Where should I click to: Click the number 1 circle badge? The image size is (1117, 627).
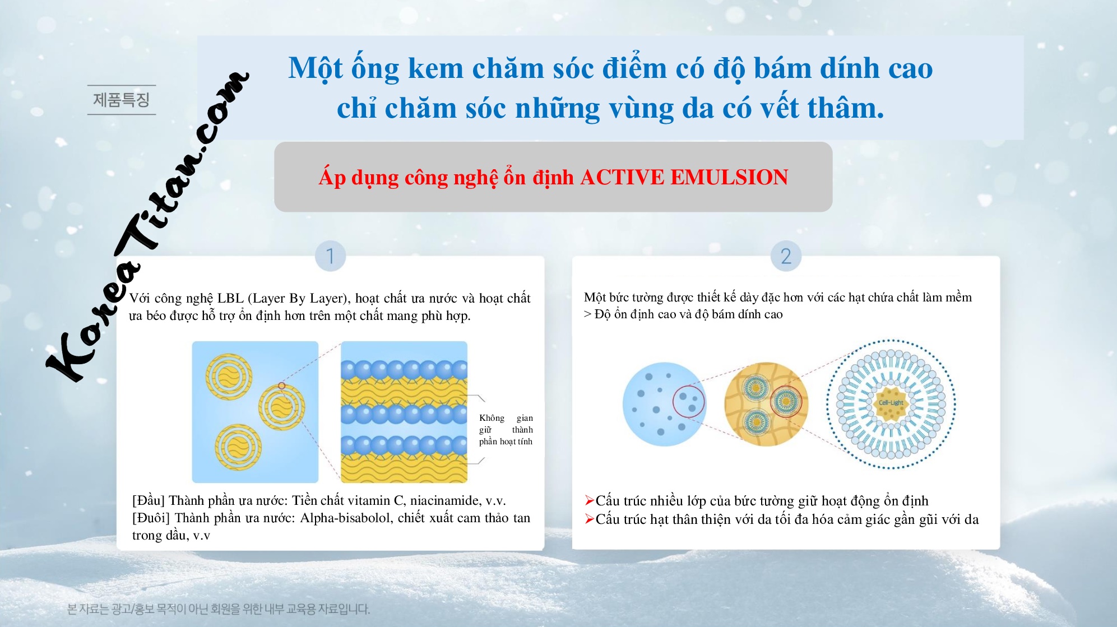pyautogui.click(x=330, y=256)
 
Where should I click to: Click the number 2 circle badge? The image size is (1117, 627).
pyautogui.click(x=786, y=256)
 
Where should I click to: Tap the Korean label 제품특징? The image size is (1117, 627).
pyautogui.click(x=121, y=100)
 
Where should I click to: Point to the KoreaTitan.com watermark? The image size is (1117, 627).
pyautogui.click(x=147, y=227)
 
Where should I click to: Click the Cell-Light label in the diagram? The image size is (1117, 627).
pyautogui.click(x=891, y=402)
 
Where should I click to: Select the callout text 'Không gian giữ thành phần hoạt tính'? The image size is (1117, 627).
pyautogui.click(x=506, y=430)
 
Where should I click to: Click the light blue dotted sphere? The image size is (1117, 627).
pyautogui.click(x=664, y=403)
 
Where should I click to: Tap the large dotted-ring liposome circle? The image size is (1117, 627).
pyautogui.click(x=891, y=403)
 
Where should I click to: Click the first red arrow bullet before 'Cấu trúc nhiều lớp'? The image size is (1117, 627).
pyautogui.click(x=589, y=500)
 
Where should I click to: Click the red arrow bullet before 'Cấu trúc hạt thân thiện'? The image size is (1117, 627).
pyautogui.click(x=589, y=519)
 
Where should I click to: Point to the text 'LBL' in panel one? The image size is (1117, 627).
pyautogui.click(x=230, y=298)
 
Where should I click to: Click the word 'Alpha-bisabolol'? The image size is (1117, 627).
pyautogui.click(x=346, y=518)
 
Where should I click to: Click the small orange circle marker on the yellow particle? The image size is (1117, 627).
pyautogui.click(x=282, y=386)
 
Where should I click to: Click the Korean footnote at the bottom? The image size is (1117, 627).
pyautogui.click(x=219, y=609)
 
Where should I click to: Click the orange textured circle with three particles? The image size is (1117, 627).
pyautogui.click(x=766, y=403)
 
